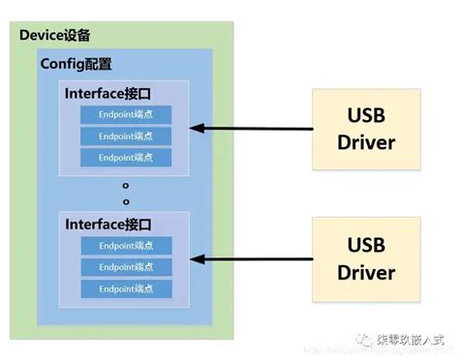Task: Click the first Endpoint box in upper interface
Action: coord(126,114)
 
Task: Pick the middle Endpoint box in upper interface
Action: coord(126,135)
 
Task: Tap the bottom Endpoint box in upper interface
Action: coord(126,157)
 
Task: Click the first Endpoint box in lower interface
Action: coord(126,246)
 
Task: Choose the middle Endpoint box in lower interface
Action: coord(126,267)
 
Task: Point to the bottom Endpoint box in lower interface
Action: coord(126,288)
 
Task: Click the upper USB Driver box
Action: coord(366,129)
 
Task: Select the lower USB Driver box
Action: coord(366,258)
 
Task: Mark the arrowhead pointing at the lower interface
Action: coord(195,258)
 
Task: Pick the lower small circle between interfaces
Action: coord(125,201)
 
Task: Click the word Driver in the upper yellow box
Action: coord(366,142)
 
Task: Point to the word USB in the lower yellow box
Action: coord(366,245)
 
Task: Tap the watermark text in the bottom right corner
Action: coord(412,340)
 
